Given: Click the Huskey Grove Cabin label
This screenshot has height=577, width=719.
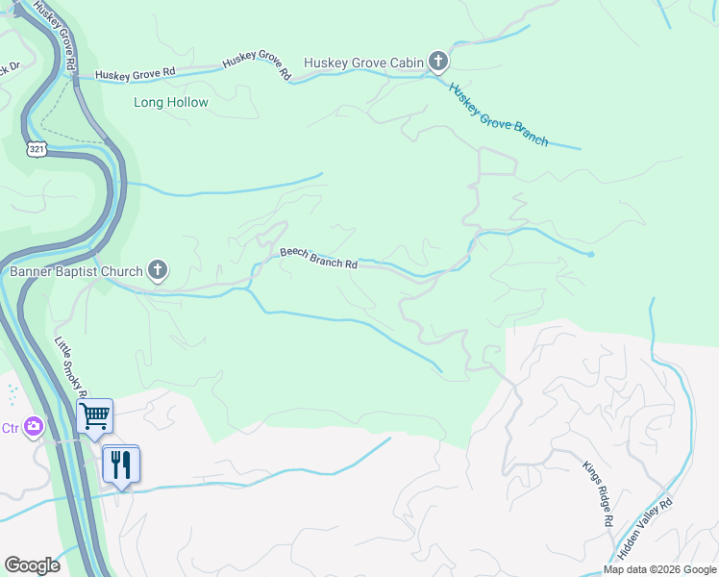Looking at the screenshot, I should click(x=363, y=63).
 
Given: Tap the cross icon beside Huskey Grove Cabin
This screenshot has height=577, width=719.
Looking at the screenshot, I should click(x=438, y=63).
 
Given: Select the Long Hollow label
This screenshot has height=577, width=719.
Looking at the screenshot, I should click(x=171, y=102).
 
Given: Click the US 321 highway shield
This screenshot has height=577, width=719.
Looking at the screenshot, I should click(x=37, y=149).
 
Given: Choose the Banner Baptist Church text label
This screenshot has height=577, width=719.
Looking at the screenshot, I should click(x=76, y=271).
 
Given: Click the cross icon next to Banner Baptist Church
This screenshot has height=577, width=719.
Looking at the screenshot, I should click(x=159, y=271).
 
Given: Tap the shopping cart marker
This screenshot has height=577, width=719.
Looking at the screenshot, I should click(x=95, y=416).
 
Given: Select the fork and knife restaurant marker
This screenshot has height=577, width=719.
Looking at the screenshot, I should click(x=121, y=464).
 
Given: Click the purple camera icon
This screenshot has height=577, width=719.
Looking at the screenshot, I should click(x=35, y=425).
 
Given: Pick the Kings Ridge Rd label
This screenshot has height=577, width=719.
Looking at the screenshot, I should click(x=596, y=493).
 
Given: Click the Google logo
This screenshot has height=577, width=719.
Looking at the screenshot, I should click(x=32, y=565).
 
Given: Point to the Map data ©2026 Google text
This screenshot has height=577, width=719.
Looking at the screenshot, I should click(x=659, y=569).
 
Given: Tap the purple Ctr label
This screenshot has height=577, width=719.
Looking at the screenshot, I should click(x=10, y=427).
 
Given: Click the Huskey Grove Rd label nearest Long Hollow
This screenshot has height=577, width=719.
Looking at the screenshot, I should click(x=136, y=73).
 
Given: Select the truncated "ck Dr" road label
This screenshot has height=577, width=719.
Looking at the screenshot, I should click(x=9, y=67).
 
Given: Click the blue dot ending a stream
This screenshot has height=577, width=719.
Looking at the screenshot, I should click(x=591, y=255).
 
